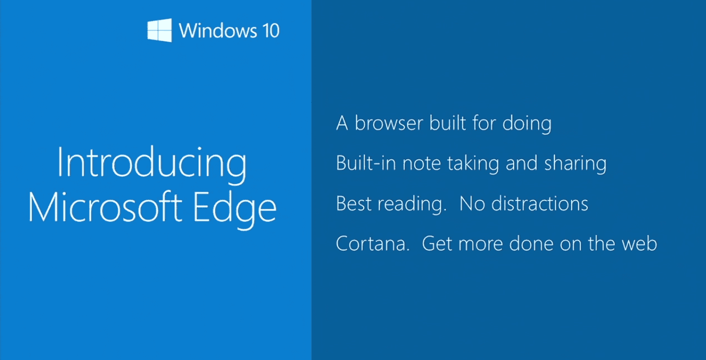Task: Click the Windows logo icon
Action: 159,30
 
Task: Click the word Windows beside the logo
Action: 218,31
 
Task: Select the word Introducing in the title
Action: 152,165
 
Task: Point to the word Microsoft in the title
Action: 105,207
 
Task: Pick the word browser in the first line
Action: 389,123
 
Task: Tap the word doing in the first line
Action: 527,124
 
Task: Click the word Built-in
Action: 366,163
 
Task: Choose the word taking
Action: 473,165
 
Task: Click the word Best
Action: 354,204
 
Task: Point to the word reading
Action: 412,205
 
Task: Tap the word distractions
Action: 540,203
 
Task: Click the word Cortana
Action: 373,244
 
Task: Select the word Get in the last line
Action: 437,244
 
